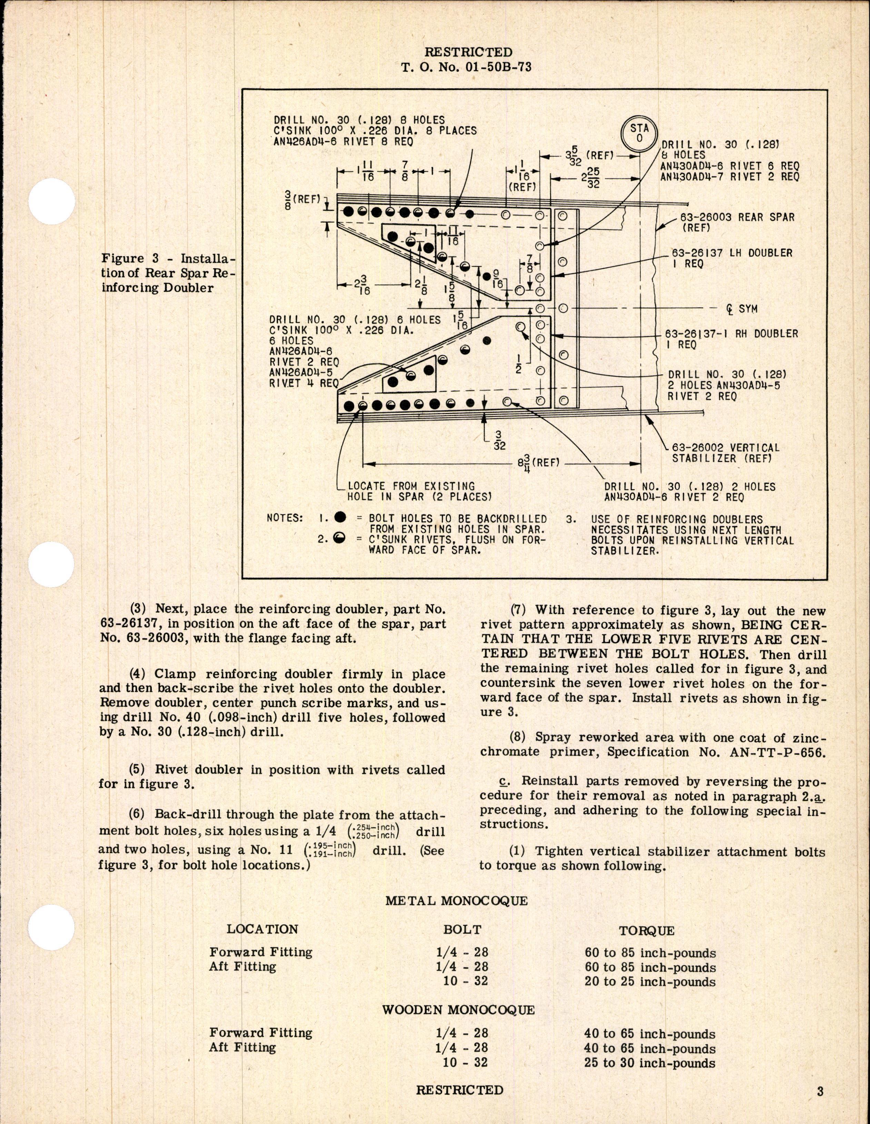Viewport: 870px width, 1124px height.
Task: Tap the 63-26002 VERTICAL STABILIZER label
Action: click(x=726, y=453)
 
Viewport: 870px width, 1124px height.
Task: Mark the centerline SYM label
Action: click(x=741, y=309)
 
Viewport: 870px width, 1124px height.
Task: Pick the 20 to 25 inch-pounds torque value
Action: click(x=650, y=982)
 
